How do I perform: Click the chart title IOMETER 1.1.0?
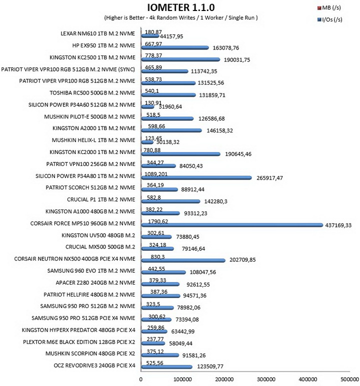click(181, 7)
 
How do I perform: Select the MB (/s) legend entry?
click(329, 8)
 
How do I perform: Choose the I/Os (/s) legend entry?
click(329, 19)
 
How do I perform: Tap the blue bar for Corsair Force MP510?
click(232, 225)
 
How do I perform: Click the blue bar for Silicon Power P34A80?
click(196, 177)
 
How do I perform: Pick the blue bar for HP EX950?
click(175, 48)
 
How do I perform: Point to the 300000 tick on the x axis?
click(266, 379)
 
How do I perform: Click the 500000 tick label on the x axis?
click(349, 379)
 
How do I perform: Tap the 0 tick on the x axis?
click(141, 379)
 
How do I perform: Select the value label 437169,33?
click(338, 225)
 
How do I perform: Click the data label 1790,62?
click(158, 221)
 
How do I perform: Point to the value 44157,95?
click(171, 36)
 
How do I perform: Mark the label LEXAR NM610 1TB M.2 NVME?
click(98, 33)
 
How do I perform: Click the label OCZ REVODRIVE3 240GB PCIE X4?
click(94, 365)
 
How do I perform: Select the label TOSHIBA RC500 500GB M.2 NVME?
click(92, 93)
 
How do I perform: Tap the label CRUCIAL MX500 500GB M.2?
click(100, 247)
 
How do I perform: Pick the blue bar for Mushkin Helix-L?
click(147, 142)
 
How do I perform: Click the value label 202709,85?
click(242, 259)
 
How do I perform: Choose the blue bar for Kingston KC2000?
click(180, 154)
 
